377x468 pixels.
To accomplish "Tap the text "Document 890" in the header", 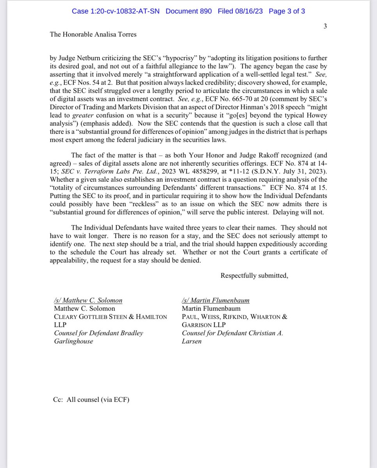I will click(x=188, y=11).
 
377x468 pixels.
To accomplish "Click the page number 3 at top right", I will click(x=325, y=26).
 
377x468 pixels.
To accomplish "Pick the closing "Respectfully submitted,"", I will click(x=254, y=276).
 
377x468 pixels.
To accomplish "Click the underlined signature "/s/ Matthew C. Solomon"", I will click(x=88, y=300).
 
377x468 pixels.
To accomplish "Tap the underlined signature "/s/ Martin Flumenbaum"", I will click(x=215, y=300).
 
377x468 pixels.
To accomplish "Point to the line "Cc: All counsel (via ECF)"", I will click(x=91, y=400).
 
